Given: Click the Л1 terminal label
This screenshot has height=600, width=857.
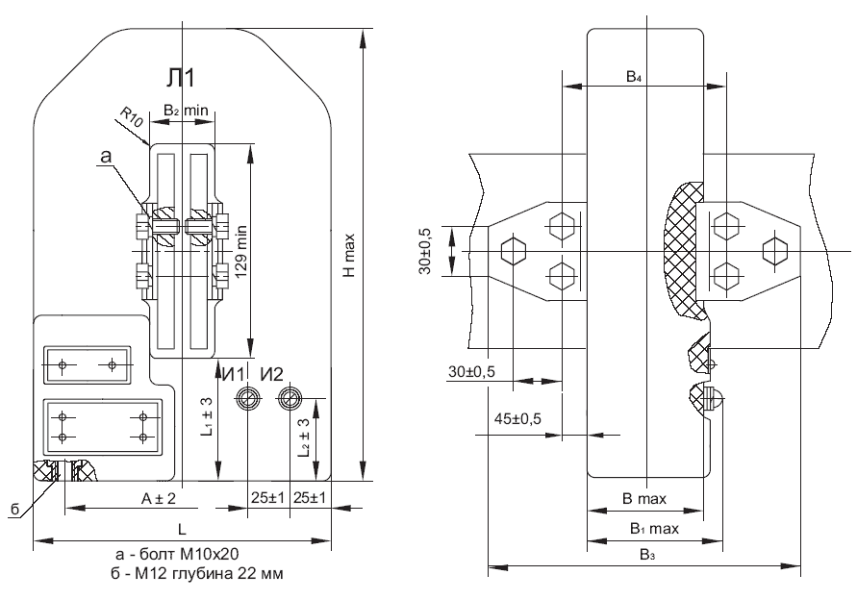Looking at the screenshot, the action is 181,79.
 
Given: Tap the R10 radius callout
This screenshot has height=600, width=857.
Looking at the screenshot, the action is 132,116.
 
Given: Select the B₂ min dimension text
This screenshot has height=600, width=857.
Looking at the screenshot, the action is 186,111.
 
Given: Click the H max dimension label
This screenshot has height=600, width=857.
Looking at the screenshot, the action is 349,255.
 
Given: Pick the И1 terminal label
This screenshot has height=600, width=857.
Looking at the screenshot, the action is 235,374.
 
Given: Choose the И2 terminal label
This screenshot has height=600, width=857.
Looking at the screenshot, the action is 271,374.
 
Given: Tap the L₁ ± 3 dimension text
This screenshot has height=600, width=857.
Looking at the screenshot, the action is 207,416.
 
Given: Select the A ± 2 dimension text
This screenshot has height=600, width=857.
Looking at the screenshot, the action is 159,498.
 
